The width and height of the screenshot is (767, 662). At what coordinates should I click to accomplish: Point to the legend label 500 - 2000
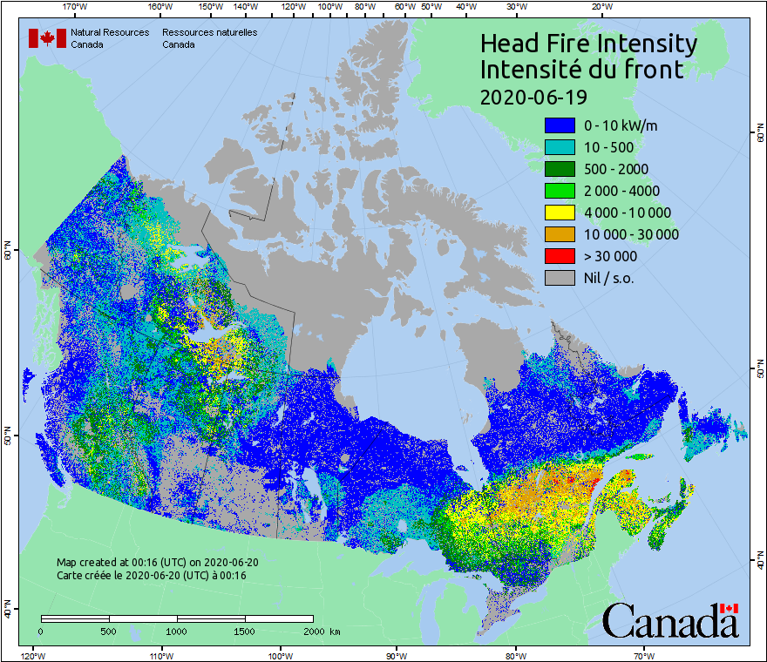click(616, 169)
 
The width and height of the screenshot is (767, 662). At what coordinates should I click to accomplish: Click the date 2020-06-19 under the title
click(533, 96)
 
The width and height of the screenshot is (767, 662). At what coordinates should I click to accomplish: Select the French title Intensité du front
click(582, 70)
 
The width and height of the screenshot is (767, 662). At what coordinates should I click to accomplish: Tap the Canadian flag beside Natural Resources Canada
click(47, 37)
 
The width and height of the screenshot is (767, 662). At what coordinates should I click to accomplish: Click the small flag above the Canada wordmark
click(729, 608)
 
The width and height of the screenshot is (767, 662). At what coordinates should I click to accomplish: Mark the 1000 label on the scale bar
click(177, 631)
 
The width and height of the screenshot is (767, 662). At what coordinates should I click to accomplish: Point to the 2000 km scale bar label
click(321, 631)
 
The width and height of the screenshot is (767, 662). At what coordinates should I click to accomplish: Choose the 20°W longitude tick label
click(601, 7)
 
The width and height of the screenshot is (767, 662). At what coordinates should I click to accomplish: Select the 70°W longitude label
click(644, 655)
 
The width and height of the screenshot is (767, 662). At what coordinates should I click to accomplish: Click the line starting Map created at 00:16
click(157, 563)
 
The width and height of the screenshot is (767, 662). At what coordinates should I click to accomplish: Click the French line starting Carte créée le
click(152, 576)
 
